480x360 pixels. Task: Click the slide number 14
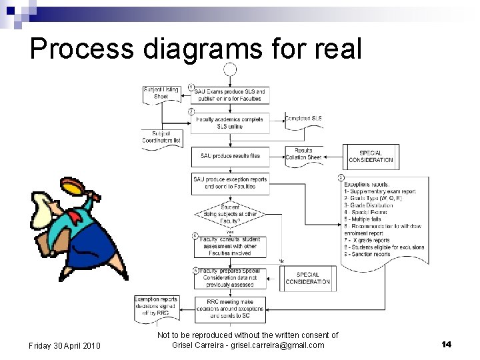point(446,344)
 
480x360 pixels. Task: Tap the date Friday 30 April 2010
point(65,345)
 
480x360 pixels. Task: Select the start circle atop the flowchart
point(230,69)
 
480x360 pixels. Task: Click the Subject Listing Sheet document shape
point(161,93)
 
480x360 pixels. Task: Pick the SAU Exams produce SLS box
point(231,95)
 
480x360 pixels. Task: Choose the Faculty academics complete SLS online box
point(231,123)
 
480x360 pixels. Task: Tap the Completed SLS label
point(303,119)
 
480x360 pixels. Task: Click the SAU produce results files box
point(231,156)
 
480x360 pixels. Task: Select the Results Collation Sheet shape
point(303,154)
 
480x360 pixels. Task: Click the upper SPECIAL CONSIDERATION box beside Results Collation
point(371,156)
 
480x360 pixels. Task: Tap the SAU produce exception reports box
point(231,183)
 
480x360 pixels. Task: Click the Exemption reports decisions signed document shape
point(156,305)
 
